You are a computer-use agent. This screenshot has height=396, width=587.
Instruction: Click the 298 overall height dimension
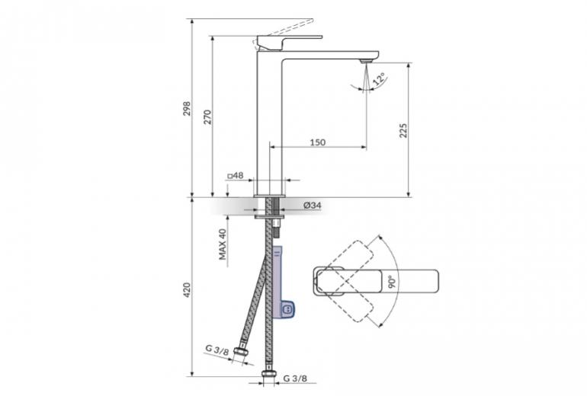tap(187, 108)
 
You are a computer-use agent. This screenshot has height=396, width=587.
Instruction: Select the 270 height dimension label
tap(207, 117)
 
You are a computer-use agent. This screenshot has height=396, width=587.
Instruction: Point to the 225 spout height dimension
tap(403, 130)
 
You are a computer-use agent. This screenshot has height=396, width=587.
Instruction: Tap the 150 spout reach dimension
tap(317, 142)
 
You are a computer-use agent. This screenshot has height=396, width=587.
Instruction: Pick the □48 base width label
tap(236, 175)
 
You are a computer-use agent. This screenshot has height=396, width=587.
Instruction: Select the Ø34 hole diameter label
tap(313, 206)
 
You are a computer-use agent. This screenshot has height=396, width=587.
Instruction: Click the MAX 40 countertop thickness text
tap(223, 244)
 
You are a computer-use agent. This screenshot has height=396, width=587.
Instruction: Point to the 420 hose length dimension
tap(187, 290)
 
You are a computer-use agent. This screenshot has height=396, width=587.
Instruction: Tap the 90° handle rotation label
tap(392, 281)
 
